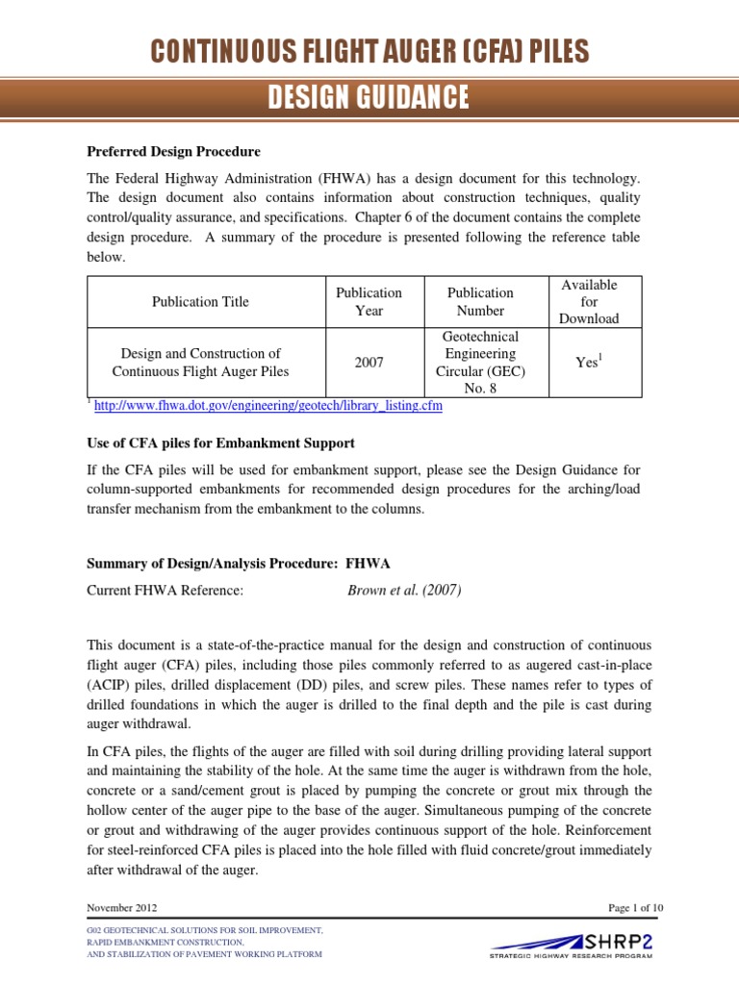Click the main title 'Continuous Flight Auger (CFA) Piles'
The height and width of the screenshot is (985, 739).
click(x=369, y=53)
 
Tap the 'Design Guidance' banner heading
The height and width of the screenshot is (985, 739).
click(x=369, y=97)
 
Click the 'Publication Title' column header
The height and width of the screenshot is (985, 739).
click(x=200, y=302)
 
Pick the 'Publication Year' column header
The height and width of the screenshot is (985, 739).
click(x=369, y=302)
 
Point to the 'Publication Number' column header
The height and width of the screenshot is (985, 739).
click(x=480, y=302)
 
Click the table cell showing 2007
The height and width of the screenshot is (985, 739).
click(x=369, y=363)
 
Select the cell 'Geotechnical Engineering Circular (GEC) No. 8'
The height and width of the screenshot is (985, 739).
click(x=480, y=363)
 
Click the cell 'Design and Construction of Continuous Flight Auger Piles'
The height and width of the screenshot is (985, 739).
click(x=200, y=363)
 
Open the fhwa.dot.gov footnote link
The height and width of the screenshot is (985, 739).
click(x=268, y=406)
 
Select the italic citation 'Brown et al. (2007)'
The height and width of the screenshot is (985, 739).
click(x=403, y=591)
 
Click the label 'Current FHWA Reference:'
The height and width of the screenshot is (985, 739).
click(x=166, y=591)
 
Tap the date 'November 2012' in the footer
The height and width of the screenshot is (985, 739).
click(x=122, y=908)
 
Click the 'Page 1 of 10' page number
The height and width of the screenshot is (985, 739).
click(x=618, y=908)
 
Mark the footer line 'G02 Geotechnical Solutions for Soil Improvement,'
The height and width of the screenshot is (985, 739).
click(x=204, y=932)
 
